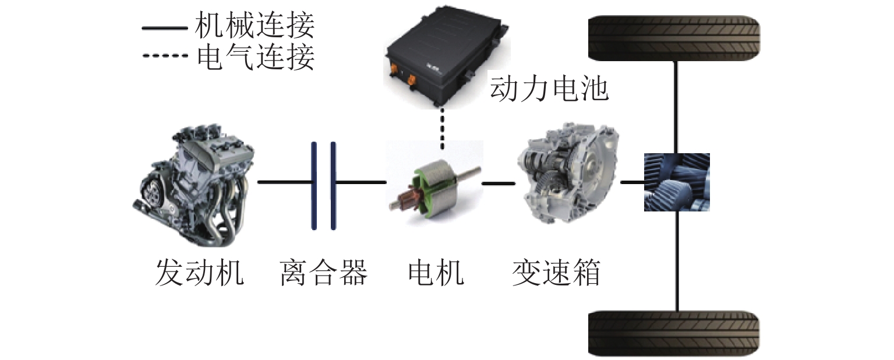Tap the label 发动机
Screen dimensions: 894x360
pyautogui.click(x=199, y=273)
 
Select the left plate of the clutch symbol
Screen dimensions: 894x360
pyautogui.click(x=314, y=186)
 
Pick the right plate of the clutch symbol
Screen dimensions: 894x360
pyautogui.click(x=333, y=186)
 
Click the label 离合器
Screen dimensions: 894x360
pyautogui.click(x=323, y=273)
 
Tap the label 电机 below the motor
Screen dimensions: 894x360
pyautogui.click(x=436, y=273)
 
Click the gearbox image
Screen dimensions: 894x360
pyautogui.click(x=570, y=175)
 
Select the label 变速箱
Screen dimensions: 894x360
pyautogui.click(x=556, y=273)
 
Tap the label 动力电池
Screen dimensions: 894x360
pyautogui.click(x=549, y=88)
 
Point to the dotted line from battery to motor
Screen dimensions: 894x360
pyautogui.click(x=442, y=129)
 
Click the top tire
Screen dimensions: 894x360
pyautogui.click(x=674, y=38)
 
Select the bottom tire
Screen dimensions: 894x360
pyautogui.click(x=674, y=333)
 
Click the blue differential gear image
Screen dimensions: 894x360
pyautogui.click(x=677, y=182)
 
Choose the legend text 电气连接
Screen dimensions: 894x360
pyautogui.click(x=256, y=57)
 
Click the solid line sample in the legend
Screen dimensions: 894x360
pyautogui.click(x=165, y=29)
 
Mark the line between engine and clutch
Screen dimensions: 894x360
pyautogui.click(x=285, y=182)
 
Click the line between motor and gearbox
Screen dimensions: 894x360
pyautogui.click(x=499, y=183)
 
